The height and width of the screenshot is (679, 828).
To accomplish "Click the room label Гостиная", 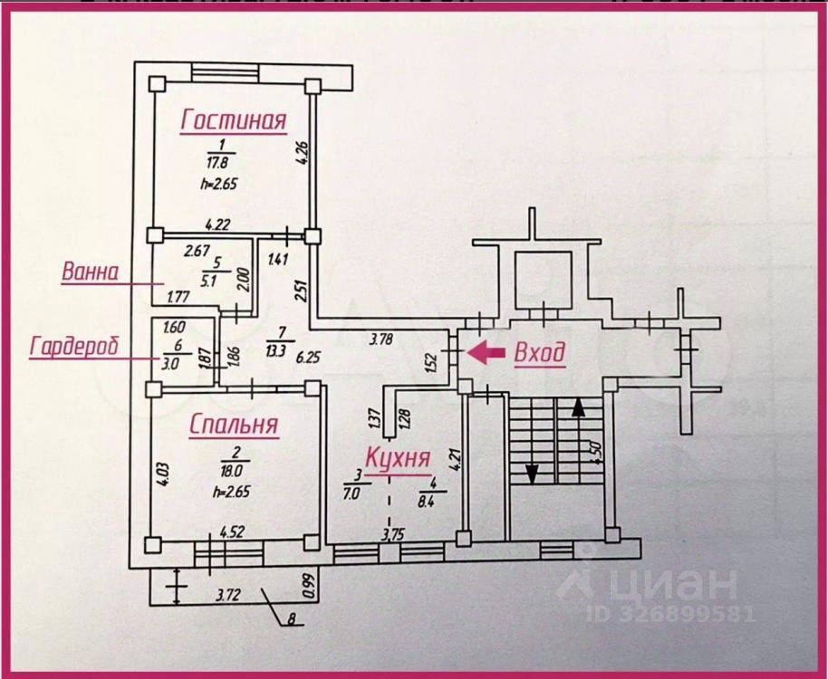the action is pos(234,120).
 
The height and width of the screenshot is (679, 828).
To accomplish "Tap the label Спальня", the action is pos(234,425).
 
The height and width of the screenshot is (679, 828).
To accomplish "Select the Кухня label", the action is pos(398,457).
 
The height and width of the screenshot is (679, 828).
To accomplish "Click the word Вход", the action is pos(540,352).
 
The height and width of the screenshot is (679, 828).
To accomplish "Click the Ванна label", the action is pos(90,271).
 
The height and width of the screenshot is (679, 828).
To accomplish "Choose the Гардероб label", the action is pos(75,347).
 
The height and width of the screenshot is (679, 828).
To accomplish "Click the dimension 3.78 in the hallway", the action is pos(383,339).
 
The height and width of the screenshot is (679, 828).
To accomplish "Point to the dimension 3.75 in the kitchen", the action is pos(392,534).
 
